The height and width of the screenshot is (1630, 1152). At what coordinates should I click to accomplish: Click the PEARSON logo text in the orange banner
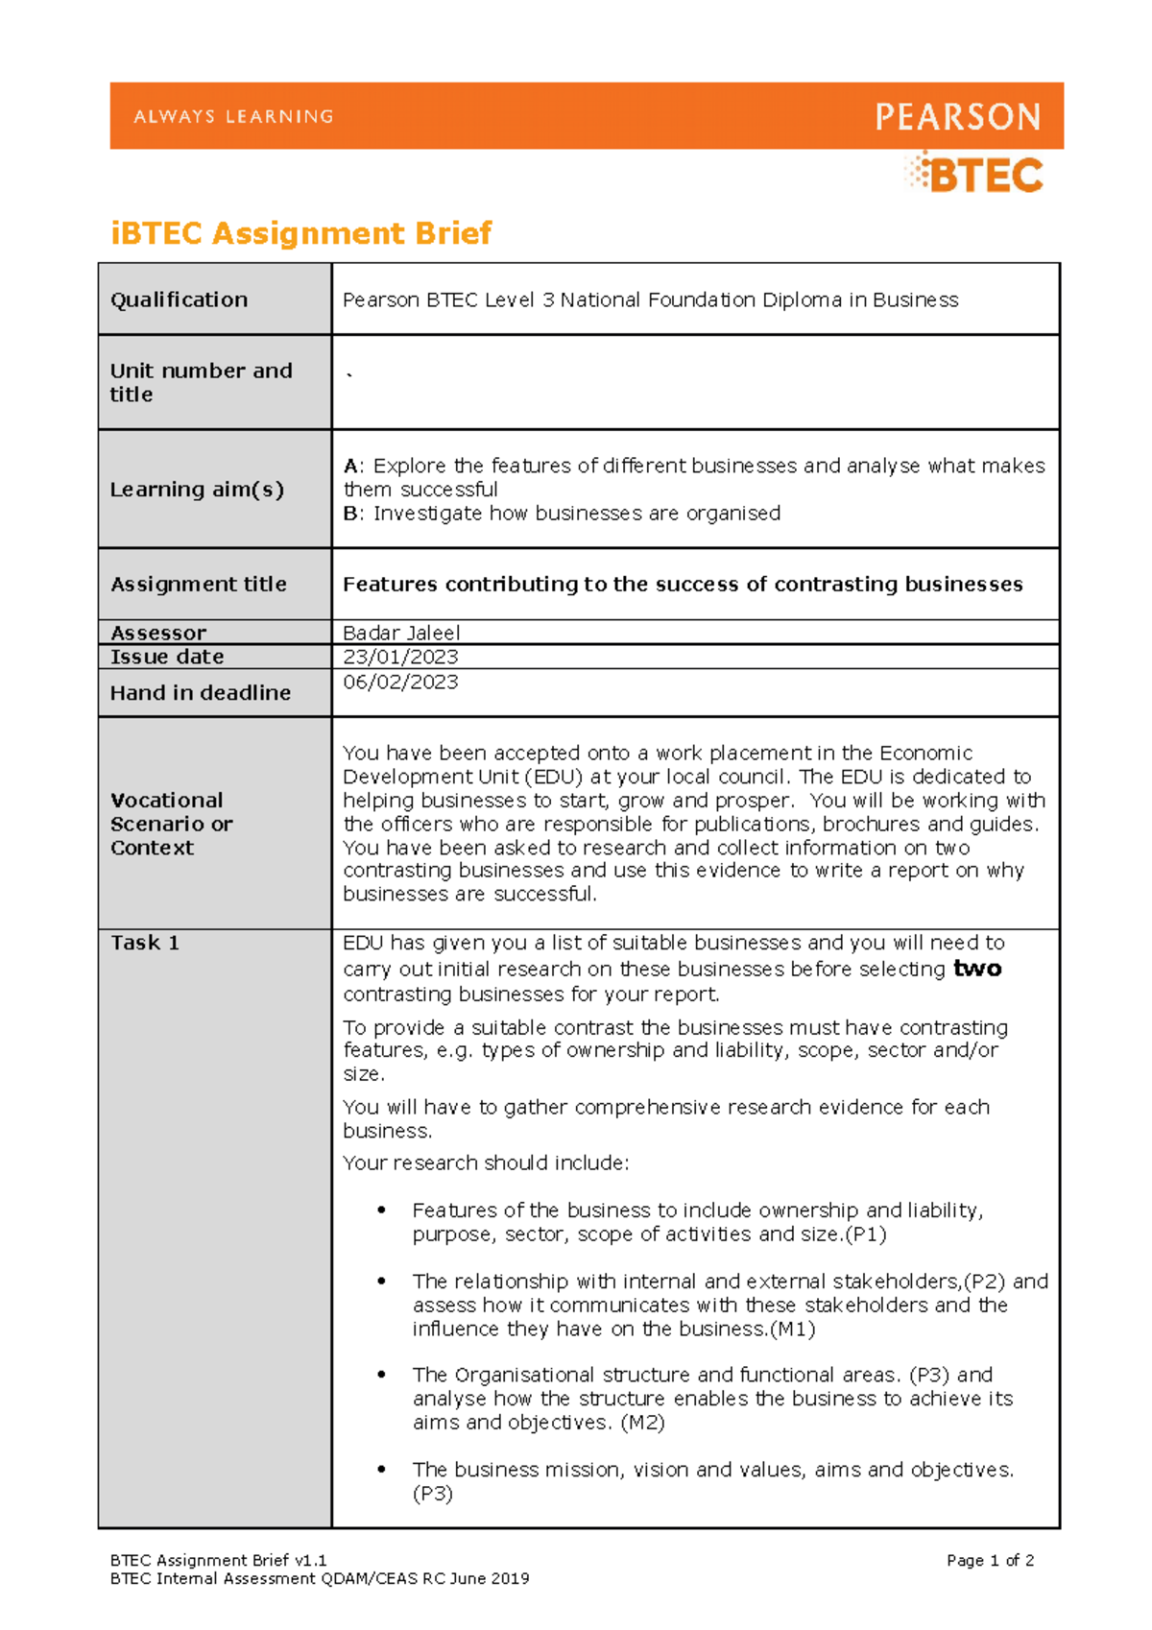click(957, 117)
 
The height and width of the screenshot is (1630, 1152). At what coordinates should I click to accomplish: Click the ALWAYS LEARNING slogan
click(233, 116)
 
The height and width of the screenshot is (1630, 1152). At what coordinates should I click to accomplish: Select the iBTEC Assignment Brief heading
click(301, 233)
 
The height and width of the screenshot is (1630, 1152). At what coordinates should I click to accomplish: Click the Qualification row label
click(179, 300)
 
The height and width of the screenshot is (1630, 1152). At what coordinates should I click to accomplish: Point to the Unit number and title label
click(201, 382)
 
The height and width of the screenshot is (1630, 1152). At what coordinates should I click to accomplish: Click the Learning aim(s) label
click(197, 490)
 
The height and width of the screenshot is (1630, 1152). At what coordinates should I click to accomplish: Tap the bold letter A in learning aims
click(350, 467)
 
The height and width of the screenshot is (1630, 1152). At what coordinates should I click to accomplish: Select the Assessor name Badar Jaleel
click(401, 634)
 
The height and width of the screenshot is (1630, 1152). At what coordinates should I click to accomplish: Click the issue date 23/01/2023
click(400, 658)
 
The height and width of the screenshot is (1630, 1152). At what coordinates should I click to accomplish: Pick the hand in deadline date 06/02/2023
click(400, 683)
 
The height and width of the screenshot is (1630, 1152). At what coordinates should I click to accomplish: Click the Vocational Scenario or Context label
click(171, 824)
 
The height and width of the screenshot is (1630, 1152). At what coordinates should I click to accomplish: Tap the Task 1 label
click(144, 943)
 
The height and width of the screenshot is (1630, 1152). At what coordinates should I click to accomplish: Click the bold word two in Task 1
click(977, 970)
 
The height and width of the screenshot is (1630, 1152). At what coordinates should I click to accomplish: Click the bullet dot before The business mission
click(382, 1469)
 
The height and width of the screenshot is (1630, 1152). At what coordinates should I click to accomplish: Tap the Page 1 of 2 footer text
click(990, 1561)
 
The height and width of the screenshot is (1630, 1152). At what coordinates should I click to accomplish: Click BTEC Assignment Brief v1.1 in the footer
click(219, 1561)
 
